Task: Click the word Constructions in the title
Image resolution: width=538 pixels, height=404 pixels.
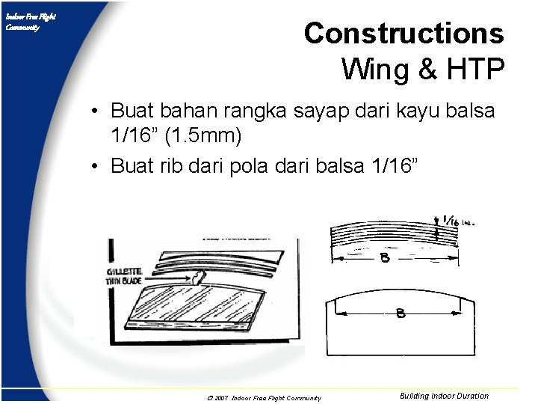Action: (403, 34)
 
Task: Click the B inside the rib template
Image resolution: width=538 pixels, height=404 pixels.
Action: (401, 313)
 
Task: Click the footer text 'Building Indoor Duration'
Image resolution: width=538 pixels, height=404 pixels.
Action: (444, 396)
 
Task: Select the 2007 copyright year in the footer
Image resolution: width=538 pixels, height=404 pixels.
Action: (220, 398)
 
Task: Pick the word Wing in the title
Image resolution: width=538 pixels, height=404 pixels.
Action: (371, 69)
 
